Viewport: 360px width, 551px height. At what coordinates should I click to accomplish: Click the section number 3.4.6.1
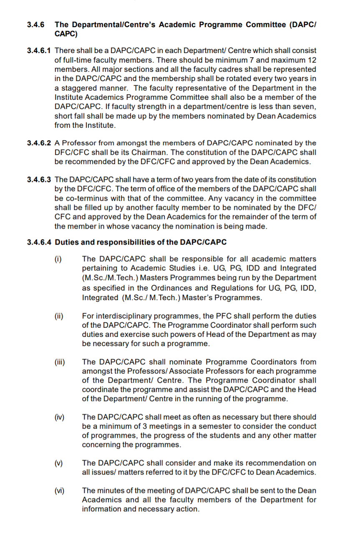pyautogui.click(x=39, y=51)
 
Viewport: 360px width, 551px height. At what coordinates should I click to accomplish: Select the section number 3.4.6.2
pyautogui.click(x=39, y=143)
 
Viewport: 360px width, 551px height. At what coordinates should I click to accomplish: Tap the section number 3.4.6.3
pyautogui.click(x=39, y=179)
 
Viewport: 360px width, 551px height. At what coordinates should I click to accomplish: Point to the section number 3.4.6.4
pyautogui.click(x=39, y=242)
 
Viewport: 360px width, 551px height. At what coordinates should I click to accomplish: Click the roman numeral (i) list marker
pyautogui.click(x=58, y=259)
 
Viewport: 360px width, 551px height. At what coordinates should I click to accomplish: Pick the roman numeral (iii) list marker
pyautogui.click(x=60, y=362)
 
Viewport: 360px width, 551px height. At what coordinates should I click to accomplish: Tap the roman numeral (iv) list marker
pyautogui.click(x=59, y=417)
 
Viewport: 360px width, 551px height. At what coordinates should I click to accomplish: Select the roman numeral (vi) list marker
pyautogui.click(x=59, y=490)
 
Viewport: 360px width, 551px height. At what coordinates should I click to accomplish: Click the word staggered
pyautogui.click(x=79, y=88)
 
